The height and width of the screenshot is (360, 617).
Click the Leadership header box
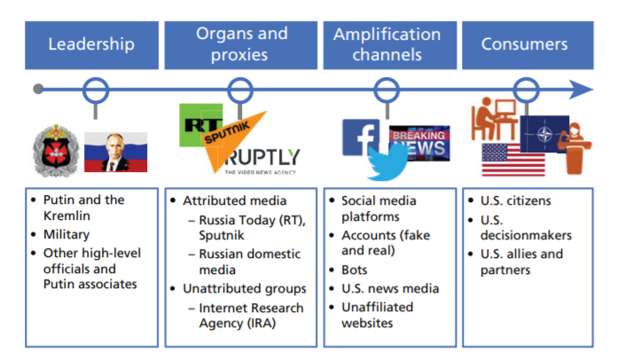[x=91, y=45]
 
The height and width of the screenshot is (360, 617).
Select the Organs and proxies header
[x=241, y=45]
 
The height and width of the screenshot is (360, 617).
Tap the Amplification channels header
[x=390, y=45]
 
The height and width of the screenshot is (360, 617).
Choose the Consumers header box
[x=527, y=45]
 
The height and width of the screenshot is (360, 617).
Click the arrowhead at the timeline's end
[x=582, y=90]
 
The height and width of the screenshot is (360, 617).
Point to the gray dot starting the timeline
[x=38, y=90]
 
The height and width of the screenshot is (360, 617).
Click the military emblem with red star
[x=56, y=151]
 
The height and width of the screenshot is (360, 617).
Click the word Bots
[x=354, y=270]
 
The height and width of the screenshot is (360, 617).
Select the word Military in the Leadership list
[x=66, y=234]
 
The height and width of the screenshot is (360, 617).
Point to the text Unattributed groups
[x=245, y=289]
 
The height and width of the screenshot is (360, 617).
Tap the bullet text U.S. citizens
[x=515, y=200]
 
